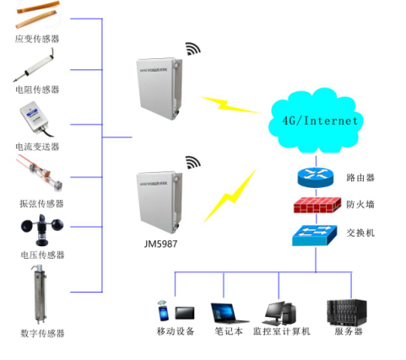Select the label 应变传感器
(x=38, y=39)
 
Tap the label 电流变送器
(x=38, y=147)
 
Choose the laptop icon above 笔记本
(x=226, y=313)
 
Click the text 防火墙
(x=360, y=206)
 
